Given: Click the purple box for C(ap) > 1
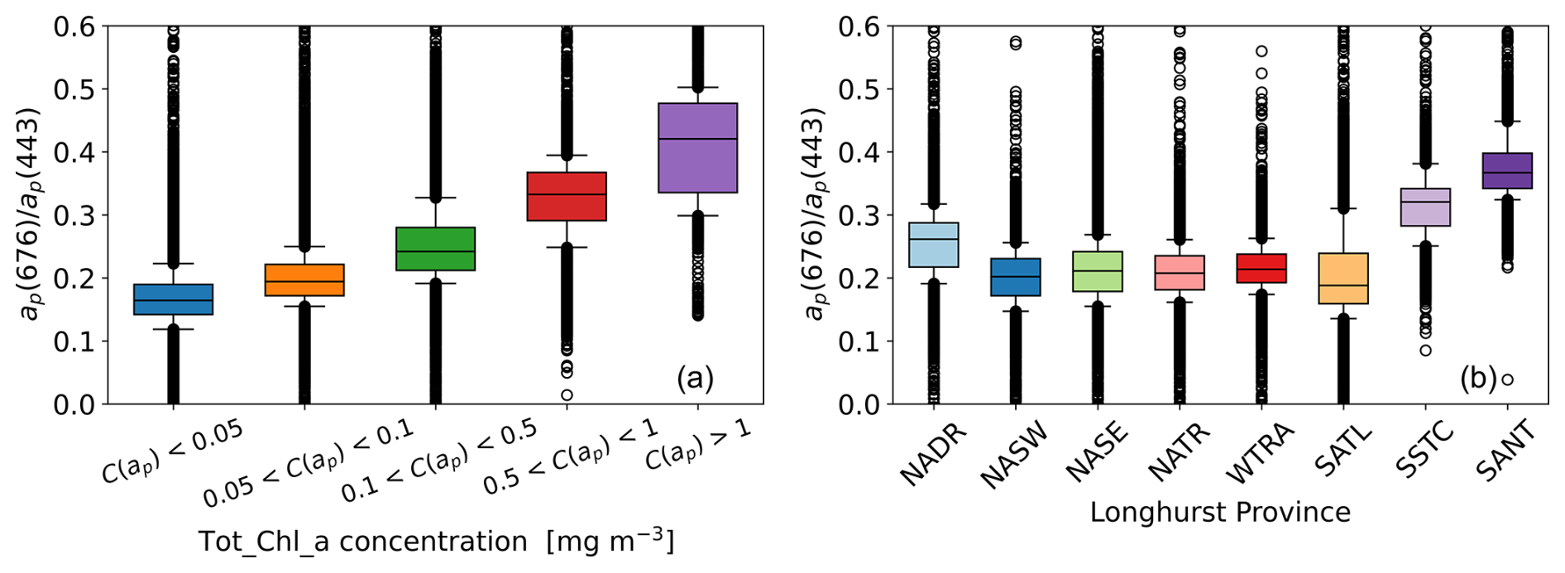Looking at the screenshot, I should coord(697,148).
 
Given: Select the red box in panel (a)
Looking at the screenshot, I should coord(567,196).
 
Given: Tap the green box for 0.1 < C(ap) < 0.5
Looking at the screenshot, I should coord(435,248).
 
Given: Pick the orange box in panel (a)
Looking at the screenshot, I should coord(304,280).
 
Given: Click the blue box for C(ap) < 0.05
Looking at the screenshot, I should coord(173,299).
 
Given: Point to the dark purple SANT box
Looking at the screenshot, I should coord(1507,170).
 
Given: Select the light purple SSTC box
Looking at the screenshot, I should coord(1425,207).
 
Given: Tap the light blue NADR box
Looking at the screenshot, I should coord(934,245).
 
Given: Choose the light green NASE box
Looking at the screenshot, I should coord(1098,271).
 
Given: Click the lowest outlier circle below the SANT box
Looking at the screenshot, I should coord(1507,380).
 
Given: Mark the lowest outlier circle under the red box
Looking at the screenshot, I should coord(567,395).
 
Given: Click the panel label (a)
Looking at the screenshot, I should coord(695,378).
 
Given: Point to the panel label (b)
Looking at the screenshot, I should coord(1477,379).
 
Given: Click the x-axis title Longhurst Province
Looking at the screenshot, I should coord(1220,513).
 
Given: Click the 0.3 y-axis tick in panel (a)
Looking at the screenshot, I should coord(74,215).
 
